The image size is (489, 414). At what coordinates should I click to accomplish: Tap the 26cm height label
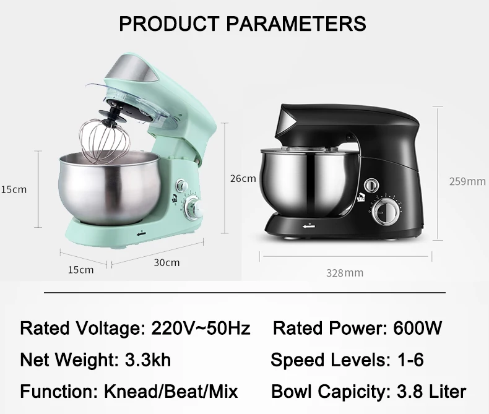[x=243, y=178]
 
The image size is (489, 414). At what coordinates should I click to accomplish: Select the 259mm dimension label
[x=467, y=181]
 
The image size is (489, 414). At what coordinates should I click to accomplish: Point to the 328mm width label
[x=345, y=272]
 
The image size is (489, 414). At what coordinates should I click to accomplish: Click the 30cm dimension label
[x=167, y=262]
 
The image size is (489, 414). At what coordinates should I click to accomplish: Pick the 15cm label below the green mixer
[x=80, y=269]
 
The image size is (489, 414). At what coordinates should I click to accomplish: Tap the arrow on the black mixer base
[x=309, y=227]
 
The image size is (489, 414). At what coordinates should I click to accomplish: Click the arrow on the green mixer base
[x=141, y=233]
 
